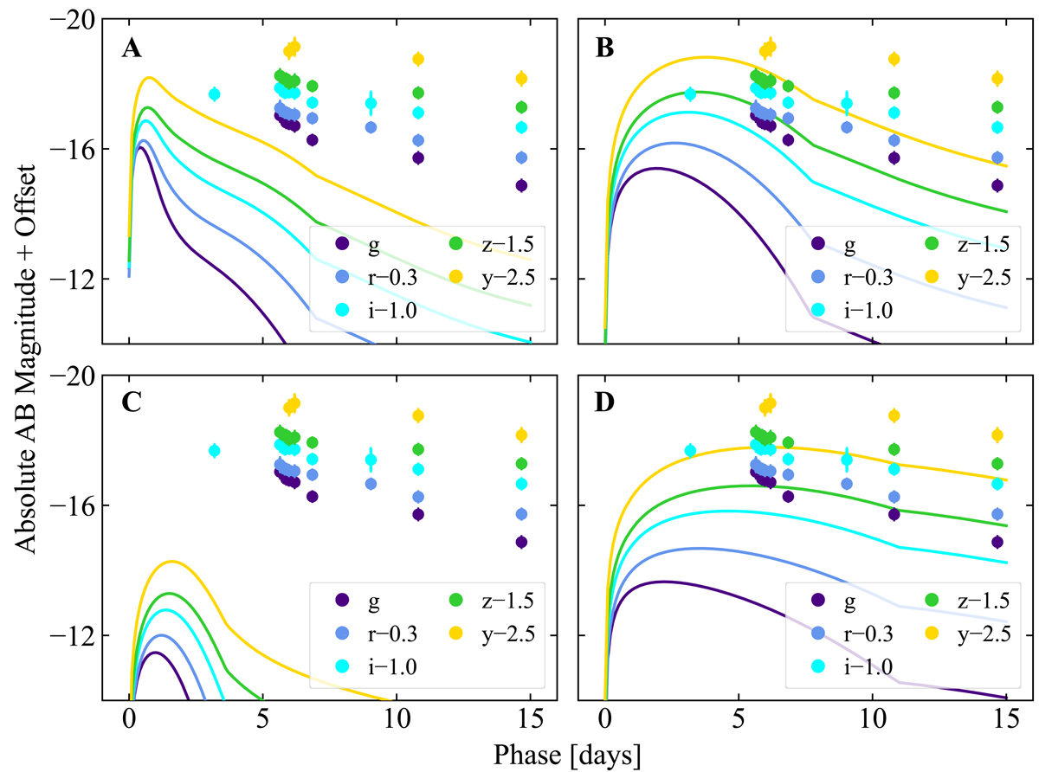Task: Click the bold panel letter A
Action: click(x=132, y=49)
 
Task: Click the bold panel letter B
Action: click(x=608, y=49)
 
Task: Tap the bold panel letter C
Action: click(x=132, y=406)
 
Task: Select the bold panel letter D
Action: click(x=608, y=406)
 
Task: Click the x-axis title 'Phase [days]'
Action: click(x=566, y=755)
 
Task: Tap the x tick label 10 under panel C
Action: click(x=397, y=722)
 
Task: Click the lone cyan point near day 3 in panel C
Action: click(x=215, y=450)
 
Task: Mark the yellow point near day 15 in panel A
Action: click(x=521, y=79)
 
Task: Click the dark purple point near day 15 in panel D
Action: click(x=997, y=542)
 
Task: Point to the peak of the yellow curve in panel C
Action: click(x=171, y=561)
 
